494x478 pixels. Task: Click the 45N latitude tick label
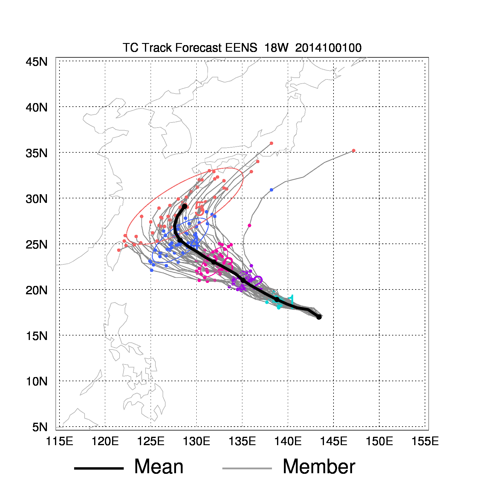[x=36, y=62]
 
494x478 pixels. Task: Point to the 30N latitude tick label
[x=36, y=199]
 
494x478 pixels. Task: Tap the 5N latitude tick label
[x=40, y=427]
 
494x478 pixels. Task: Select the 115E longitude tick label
[x=59, y=441]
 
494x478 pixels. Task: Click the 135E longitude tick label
[x=242, y=441]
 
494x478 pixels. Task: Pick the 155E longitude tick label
[x=425, y=441]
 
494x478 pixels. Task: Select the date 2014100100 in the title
[x=328, y=48]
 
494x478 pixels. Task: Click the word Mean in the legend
[x=159, y=467]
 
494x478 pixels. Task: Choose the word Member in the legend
[x=319, y=467]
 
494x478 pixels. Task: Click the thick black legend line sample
[x=99, y=468]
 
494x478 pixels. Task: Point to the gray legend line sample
[x=247, y=468]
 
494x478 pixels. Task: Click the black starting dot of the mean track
[x=319, y=317]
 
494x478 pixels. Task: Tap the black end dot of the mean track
[x=184, y=206]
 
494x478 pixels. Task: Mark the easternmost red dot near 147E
[x=354, y=151]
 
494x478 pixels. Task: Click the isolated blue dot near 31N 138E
[x=271, y=190]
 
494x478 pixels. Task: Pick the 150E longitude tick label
[x=379, y=441]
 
